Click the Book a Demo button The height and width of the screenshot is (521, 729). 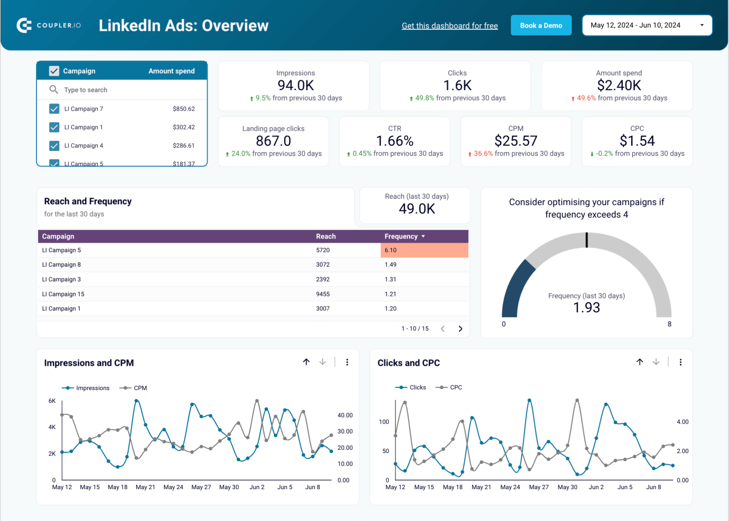pyautogui.click(x=541, y=26)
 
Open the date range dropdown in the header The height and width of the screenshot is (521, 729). pyautogui.click(x=647, y=26)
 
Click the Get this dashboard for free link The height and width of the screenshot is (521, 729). pyautogui.click(x=449, y=26)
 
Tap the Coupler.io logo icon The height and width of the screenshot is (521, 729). pyautogui.click(x=24, y=25)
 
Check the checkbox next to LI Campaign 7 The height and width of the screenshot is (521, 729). pyautogui.click(x=54, y=109)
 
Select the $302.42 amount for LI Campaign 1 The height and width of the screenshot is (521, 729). pyautogui.click(x=184, y=127)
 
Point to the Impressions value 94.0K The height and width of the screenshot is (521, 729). pyautogui.click(x=296, y=85)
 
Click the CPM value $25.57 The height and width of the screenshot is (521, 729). pyautogui.click(x=515, y=141)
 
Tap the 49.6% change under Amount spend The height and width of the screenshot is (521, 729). pyautogui.click(x=586, y=98)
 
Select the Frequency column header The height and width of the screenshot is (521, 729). pyautogui.click(x=401, y=236)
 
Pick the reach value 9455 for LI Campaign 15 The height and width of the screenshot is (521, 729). pyautogui.click(x=323, y=294)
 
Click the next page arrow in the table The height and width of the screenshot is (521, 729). pyautogui.click(x=460, y=329)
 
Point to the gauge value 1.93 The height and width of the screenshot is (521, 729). pyautogui.click(x=587, y=308)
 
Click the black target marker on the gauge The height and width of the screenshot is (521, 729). pyautogui.click(x=587, y=240)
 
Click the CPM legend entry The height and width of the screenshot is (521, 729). pyautogui.click(x=140, y=388)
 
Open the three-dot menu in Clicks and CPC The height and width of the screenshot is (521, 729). pyautogui.click(x=681, y=363)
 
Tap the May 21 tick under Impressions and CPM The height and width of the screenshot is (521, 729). pyautogui.click(x=145, y=487)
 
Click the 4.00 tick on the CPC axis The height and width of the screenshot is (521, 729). pyautogui.click(x=682, y=422)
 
